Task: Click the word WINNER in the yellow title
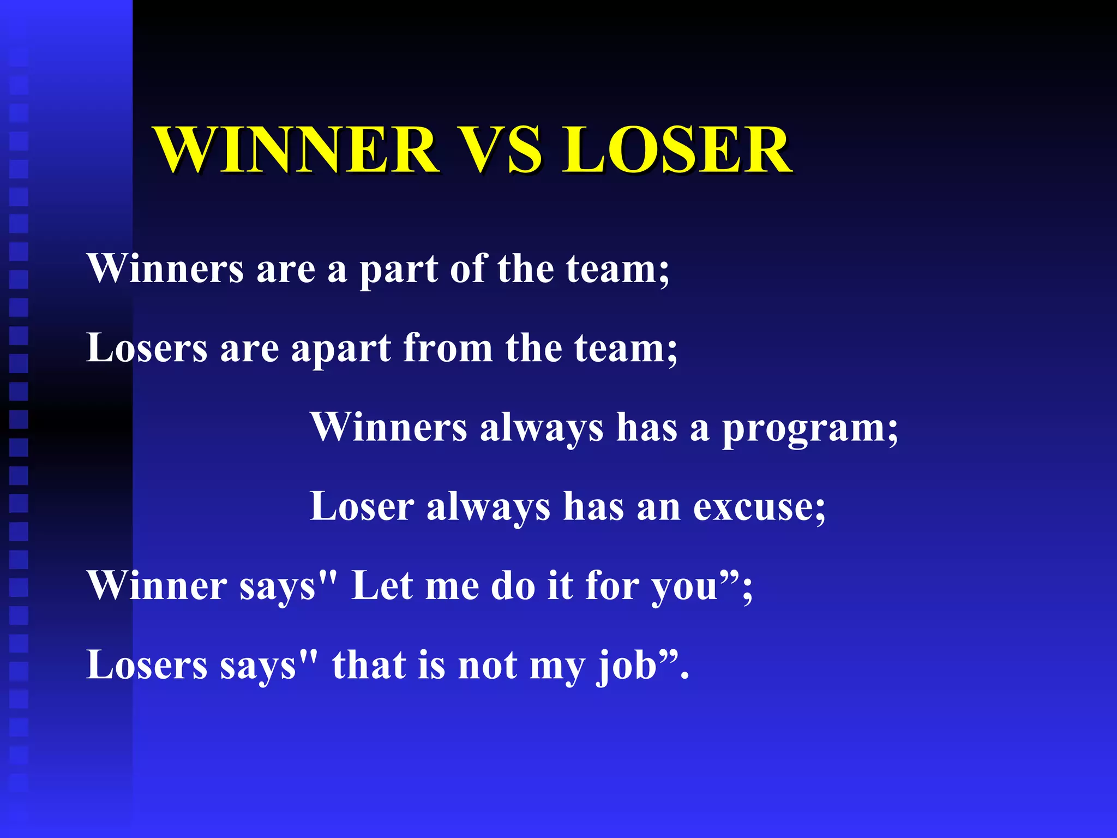[297, 149]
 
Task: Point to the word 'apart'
[341, 349]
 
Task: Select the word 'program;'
[810, 429]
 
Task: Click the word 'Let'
[382, 586]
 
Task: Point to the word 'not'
[488, 666]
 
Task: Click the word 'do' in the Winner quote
[513, 586]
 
